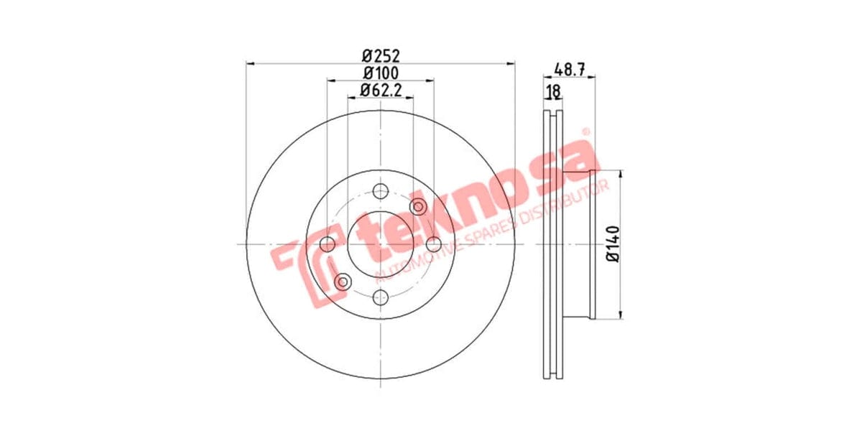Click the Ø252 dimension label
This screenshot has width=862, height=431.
(380, 55)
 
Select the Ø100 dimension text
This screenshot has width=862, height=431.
(380, 73)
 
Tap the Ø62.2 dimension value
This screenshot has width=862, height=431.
(380, 91)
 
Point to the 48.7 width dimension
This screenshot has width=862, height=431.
(571, 70)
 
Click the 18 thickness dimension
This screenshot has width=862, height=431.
(553, 91)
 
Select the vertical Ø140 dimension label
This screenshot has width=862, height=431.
(613, 244)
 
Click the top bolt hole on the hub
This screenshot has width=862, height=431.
(381, 191)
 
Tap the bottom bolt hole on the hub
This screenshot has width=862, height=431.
(381, 297)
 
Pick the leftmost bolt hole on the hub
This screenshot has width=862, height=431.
(328, 244)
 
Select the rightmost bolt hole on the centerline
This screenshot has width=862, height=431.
(433, 244)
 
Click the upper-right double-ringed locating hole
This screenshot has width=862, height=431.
(418, 207)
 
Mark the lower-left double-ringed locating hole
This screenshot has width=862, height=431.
(343, 281)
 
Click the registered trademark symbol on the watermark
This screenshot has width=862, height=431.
(585, 131)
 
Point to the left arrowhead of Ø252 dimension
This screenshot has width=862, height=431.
(250, 63)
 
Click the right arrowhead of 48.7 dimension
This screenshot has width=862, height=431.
(595, 78)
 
